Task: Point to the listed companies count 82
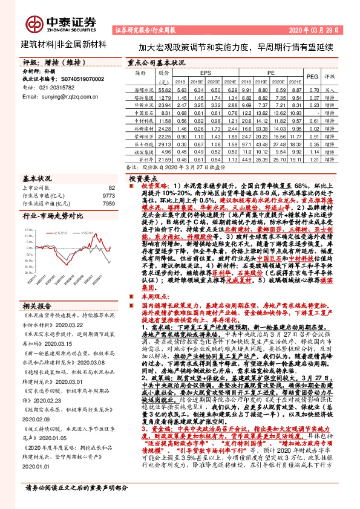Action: pyautogui.click(x=111, y=188)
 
